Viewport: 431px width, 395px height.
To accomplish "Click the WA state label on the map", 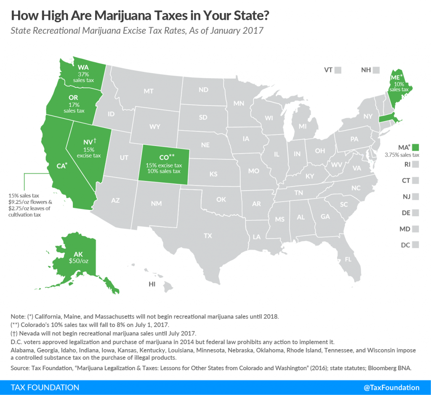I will pos(82,67).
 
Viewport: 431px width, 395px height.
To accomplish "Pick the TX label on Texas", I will pos(208,236).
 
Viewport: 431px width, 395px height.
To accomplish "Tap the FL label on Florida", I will pos(348,259).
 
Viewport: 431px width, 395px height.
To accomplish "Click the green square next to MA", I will pos(416,147).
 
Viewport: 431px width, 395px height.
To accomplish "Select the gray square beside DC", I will pos(416,244).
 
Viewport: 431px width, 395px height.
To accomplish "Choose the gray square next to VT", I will pos(338,70).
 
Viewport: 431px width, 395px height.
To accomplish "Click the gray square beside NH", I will pos(376,70).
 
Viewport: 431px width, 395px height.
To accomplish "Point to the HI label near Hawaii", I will pos(152,284).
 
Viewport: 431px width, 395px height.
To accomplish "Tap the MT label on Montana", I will pos(148,90).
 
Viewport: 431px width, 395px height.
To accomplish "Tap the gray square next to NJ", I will pos(416,196).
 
